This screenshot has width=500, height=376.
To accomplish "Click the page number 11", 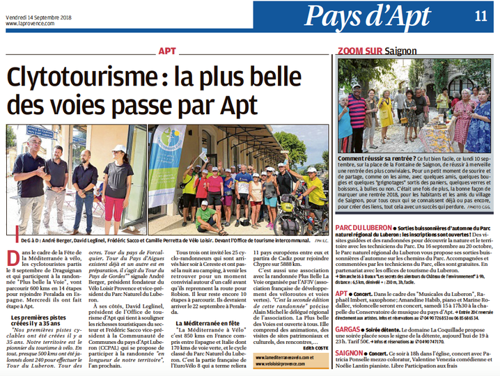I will click(481, 17).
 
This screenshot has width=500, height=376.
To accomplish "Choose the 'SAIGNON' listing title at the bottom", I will click(353, 352).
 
